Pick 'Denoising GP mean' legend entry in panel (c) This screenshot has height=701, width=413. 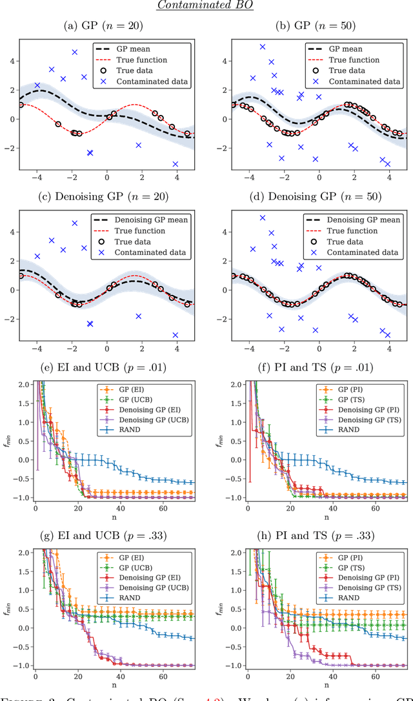[155, 220]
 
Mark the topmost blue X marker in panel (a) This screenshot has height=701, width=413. [75, 52]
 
